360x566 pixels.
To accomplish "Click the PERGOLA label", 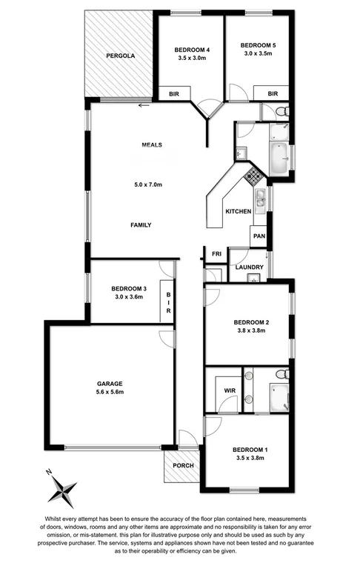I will point(119,56).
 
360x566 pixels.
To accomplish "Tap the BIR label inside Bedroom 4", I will point(174,93).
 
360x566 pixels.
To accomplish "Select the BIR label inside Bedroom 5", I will point(273,93).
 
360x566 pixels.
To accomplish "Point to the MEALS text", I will point(152,145).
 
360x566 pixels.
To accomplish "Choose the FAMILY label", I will point(141,224).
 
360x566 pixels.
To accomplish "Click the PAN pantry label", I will point(259,236).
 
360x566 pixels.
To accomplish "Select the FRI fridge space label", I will point(217,254).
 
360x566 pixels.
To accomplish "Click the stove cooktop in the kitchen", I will point(253,176).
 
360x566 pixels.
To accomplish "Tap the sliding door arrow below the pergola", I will point(142,104).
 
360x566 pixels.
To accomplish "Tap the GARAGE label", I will point(109,383).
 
